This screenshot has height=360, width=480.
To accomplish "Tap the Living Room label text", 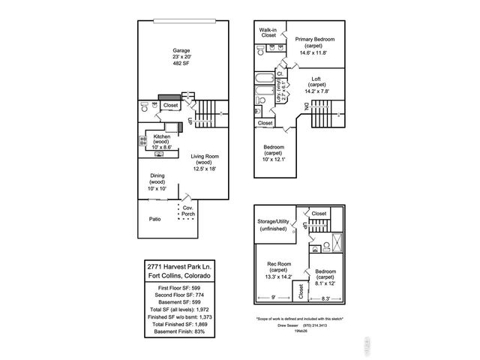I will coord(202,163).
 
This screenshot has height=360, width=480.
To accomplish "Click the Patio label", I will coord(155,219).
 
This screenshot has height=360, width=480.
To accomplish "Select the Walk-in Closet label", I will coord(268,32).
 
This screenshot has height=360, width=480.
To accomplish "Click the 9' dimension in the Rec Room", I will coord(272,298).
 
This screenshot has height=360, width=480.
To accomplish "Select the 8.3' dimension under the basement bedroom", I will coord(325,298).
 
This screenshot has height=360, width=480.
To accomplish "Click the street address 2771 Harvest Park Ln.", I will coord(178,266).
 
